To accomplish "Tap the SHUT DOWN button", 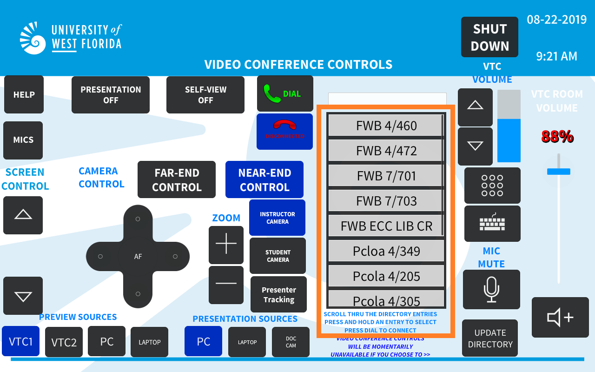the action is click(x=489, y=37).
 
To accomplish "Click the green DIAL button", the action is click(x=285, y=93).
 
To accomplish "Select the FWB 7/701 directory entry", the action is click(x=386, y=176).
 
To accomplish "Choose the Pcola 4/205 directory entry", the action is click(x=386, y=276).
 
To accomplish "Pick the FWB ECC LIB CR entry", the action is click(x=386, y=226).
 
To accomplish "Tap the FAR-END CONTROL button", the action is click(x=177, y=179).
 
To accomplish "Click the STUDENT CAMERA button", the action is click(x=278, y=256).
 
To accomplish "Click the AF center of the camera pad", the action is click(x=138, y=256).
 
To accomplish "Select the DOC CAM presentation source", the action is click(x=291, y=342).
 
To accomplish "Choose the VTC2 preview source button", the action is click(x=64, y=342).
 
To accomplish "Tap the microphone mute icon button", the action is click(x=491, y=290).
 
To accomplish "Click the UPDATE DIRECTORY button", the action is click(x=490, y=338).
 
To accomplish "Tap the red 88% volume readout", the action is click(x=557, y=136).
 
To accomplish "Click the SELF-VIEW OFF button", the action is click(x=205, y=95).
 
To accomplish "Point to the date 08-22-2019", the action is click(x=556, y=20).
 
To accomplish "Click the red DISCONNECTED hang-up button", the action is click(x=285, y=132).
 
